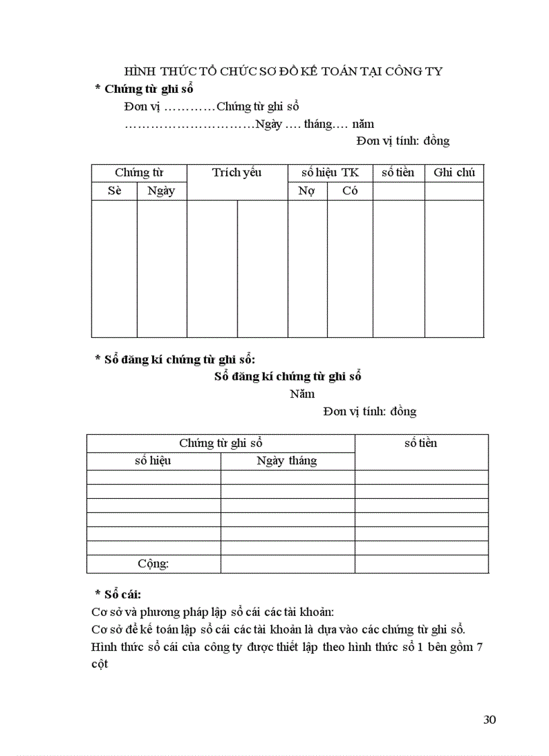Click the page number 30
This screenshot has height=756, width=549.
(x=489, y=720)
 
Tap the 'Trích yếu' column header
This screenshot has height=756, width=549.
(x=237, y=173)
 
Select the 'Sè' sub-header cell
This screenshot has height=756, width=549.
(x=114, y=191)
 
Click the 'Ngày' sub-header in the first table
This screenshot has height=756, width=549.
(x=161, y=191)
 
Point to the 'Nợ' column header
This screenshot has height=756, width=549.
(x=307, y=191)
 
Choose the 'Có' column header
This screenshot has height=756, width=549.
(x=350, y=191)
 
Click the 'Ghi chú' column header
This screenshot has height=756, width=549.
(x=454, y=173)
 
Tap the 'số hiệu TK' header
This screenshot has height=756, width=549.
(x=330, y=173)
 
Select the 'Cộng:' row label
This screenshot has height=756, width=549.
(x=153, y=564)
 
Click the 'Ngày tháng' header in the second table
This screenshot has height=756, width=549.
(x=287, y=461)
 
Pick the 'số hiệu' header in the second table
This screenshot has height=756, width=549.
(x=153, y=461)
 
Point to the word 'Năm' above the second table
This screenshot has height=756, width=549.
(x=302, y=394)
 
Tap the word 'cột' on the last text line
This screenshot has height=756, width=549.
(x=100, y=664)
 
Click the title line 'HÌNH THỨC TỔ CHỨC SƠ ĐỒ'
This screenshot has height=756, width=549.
(x=283, y=71)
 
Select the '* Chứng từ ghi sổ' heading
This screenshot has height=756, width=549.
(x=145, y=89)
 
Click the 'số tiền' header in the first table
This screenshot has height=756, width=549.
(x=398, y=173)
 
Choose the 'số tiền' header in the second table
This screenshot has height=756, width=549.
(x=420, y=443)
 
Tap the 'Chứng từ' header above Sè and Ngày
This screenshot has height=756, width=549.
(x=139, y=173)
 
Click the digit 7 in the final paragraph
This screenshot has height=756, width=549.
(x=480, y=647)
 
